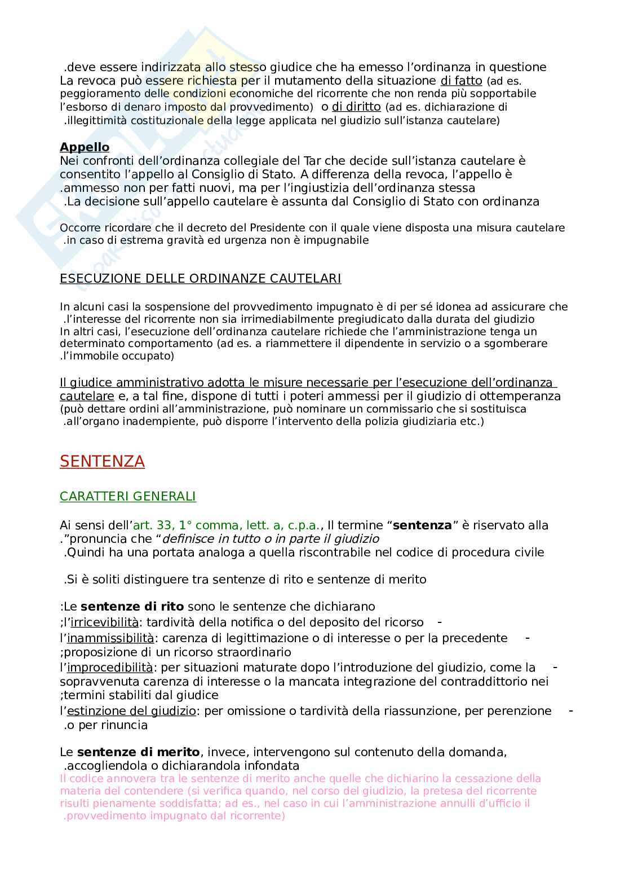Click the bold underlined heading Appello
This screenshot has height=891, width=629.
tap(85, 147)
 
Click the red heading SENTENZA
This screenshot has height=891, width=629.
tap(102, 462)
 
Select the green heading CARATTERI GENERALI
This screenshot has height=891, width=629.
tap(127, 497)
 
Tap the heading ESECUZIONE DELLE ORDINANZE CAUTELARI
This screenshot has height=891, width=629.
tap(200, 278)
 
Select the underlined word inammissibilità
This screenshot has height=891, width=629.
tap(110, 638)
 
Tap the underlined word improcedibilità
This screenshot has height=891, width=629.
tap(110, 668)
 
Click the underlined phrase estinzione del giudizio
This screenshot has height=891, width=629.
tap(131, 711)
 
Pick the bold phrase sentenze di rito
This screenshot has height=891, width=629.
tap(132, 607)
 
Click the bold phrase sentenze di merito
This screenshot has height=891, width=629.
tap(138, 752)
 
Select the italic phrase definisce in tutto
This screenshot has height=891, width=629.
tap(206, 539)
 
